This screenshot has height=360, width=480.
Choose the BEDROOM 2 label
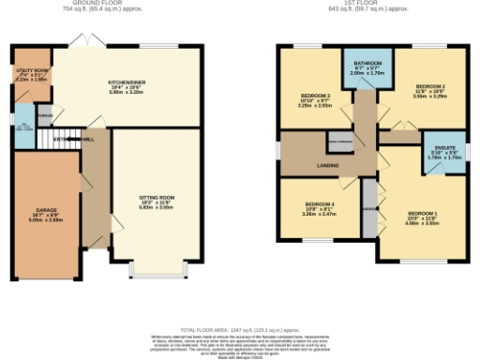click(x=428, y=91)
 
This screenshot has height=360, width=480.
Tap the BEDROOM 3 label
click(x=315, y=100)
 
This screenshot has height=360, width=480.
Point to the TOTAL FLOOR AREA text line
click(x=239, y=305)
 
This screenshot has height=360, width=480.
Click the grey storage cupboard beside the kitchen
click(x=45, y=116)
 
